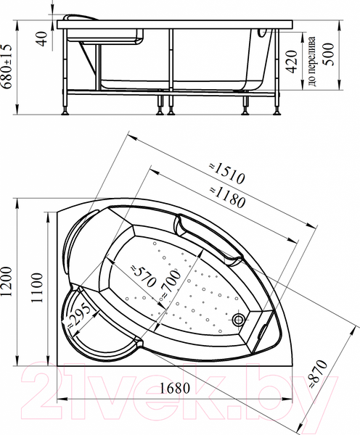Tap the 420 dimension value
pyautogui.click(x=290, y=67)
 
